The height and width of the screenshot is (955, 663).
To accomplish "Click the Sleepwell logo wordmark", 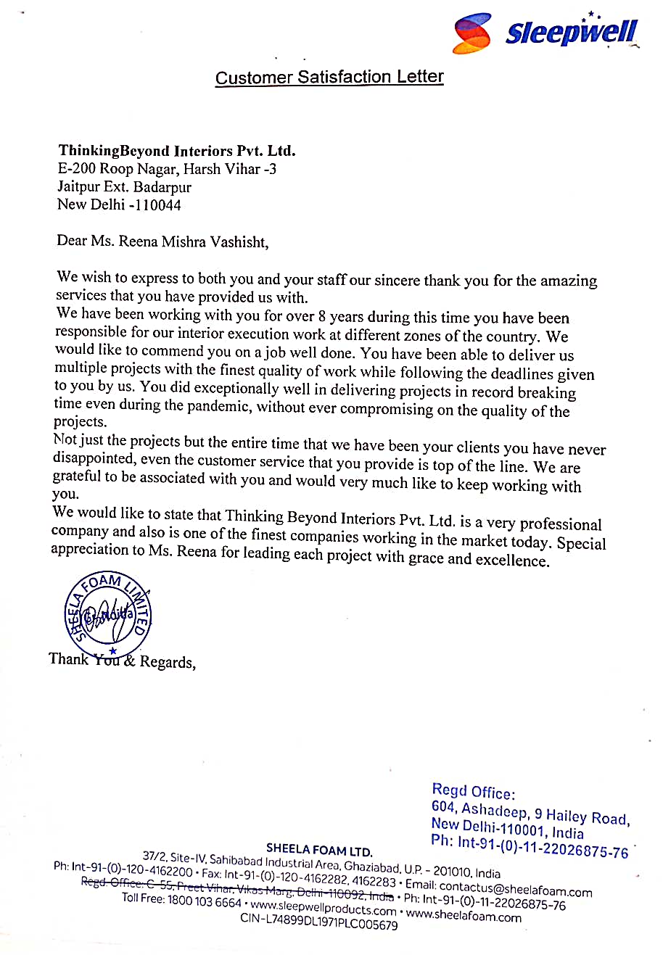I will [x=572, y=33].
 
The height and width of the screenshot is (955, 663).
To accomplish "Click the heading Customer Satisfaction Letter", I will [x=329, y=78].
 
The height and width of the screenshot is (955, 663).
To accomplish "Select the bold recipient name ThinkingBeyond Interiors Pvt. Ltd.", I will [x=177, y=151].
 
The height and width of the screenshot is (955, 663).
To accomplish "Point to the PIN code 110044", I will [x=158, y=205].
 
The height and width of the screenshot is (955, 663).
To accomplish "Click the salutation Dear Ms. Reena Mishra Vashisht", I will [x=162, y=241].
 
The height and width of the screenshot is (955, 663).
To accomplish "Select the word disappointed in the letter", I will [x=94, y=458].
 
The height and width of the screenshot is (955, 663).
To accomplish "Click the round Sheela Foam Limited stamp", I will [x=108, y=613].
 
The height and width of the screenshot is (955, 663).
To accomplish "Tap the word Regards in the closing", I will [x=167, y=662].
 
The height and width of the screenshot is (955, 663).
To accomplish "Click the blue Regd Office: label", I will [x=474, y=791].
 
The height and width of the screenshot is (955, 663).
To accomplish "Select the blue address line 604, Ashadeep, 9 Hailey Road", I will [x=530, y=814].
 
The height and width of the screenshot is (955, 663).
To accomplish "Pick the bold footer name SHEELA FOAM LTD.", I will [x=319, y=850].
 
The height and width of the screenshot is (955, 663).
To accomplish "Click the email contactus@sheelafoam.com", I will [x=516, y=888].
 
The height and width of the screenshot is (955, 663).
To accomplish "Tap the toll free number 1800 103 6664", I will [x=204, y=901].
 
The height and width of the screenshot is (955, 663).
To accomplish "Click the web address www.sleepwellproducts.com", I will [x=323, y=907].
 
